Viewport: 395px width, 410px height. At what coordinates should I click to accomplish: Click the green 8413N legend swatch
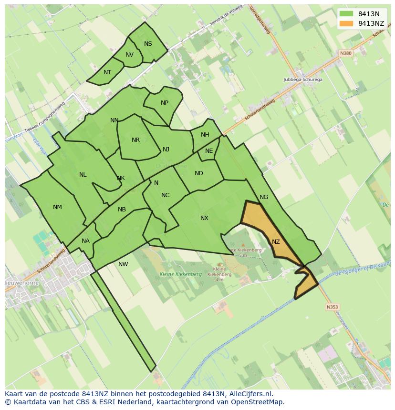(346, 14)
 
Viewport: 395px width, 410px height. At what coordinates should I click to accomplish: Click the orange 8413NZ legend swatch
(346, 23)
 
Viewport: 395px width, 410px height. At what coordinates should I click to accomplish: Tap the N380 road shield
(346, 53)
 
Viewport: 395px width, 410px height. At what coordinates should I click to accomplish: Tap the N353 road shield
(332, 307)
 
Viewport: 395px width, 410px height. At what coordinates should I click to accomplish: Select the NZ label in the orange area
(276, 242)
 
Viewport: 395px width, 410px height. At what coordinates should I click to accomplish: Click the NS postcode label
(148, 44)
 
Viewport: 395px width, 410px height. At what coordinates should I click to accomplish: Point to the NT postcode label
(107, 72)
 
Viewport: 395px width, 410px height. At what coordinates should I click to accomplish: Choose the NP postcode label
(165, 103)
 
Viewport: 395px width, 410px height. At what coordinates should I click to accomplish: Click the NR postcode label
(135, 140)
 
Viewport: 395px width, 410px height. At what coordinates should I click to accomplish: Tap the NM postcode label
(57, 207)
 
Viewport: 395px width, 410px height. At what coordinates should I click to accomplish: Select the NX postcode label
(204, 218)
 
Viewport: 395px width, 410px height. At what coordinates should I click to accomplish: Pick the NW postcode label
(123, 264)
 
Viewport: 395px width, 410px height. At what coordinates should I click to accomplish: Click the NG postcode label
(264, 197)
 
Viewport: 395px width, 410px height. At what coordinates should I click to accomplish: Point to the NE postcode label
(209, 151)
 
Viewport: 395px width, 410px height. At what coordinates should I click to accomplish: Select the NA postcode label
(85, 241)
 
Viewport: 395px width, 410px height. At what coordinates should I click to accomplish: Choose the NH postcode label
(205, 135)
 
